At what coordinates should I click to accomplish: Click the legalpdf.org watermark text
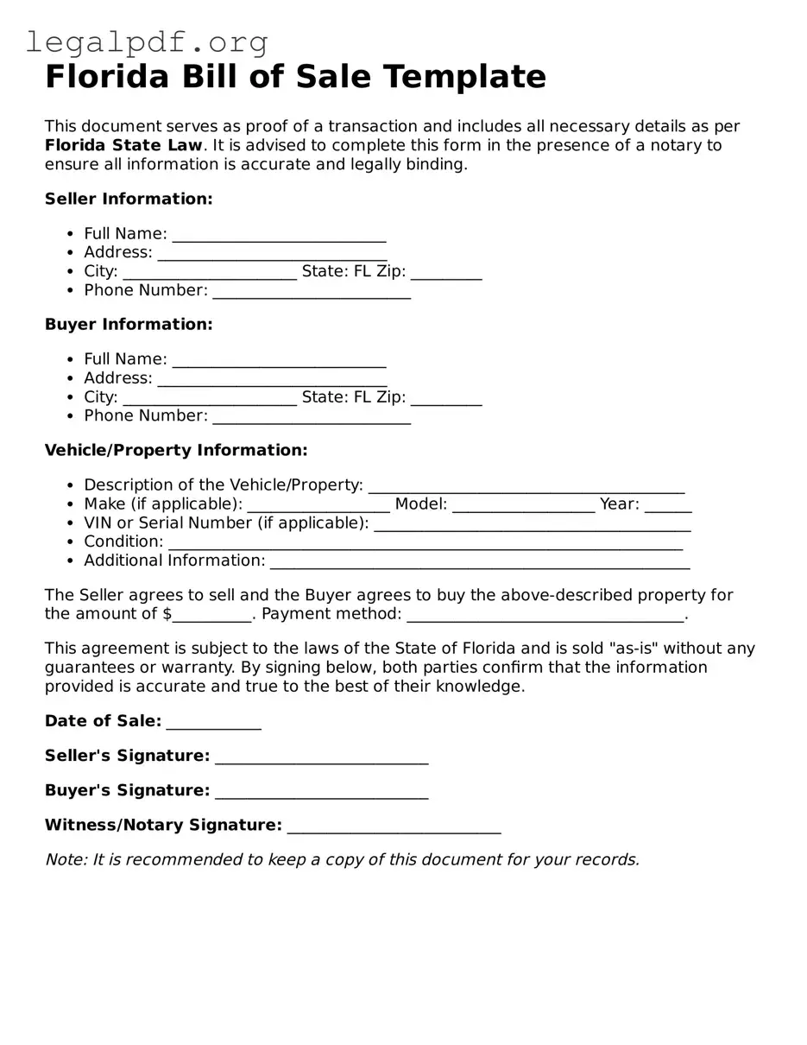(147, 41)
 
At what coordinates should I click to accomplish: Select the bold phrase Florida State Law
(123, 145)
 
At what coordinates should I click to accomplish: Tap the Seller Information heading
(129, 199)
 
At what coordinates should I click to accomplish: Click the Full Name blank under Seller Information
(279, 235)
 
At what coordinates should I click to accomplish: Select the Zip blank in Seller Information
(445, 273)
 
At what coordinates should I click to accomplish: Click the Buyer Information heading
(129, 324)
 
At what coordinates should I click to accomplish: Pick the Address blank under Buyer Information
(272, 379)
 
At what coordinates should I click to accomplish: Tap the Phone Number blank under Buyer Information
(312, 417)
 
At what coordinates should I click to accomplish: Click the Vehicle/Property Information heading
(176, 450)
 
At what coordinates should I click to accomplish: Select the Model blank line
(523, 505)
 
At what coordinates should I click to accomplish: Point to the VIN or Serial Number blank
(532, 524)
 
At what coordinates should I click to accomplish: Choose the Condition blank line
(425, 543)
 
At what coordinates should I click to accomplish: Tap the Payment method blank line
(545, 615)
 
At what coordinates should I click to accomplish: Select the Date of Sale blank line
(213, 723)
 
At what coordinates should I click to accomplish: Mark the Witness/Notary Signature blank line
(394, 826)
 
